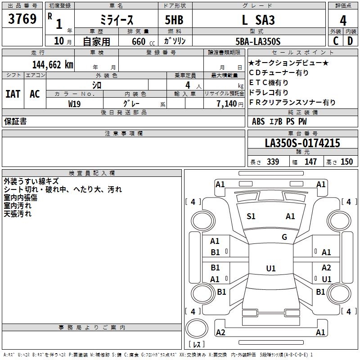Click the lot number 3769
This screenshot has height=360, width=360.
(22, 20)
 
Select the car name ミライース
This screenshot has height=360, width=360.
(117, 21)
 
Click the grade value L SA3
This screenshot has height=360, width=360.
(258, 20)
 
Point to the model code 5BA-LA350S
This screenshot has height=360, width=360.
(258, 41)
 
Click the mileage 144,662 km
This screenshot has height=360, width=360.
(53, 64)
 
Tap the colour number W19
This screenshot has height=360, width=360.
(75, 104)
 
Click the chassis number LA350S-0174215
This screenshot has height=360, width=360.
(302, 144)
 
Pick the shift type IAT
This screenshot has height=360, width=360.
(13, 94)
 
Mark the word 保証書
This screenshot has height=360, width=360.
(15, 121)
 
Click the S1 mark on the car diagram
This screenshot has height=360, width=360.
(251, 216)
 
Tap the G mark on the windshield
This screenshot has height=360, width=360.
(284, 237)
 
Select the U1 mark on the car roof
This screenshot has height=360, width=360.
(271, 269)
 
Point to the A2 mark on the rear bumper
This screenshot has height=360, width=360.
(220, 333)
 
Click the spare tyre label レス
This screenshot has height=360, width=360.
(197, 345)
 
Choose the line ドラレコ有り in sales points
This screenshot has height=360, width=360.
(269, 93)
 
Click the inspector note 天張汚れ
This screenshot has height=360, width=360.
(18, 214)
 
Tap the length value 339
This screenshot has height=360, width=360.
(273, 162)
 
